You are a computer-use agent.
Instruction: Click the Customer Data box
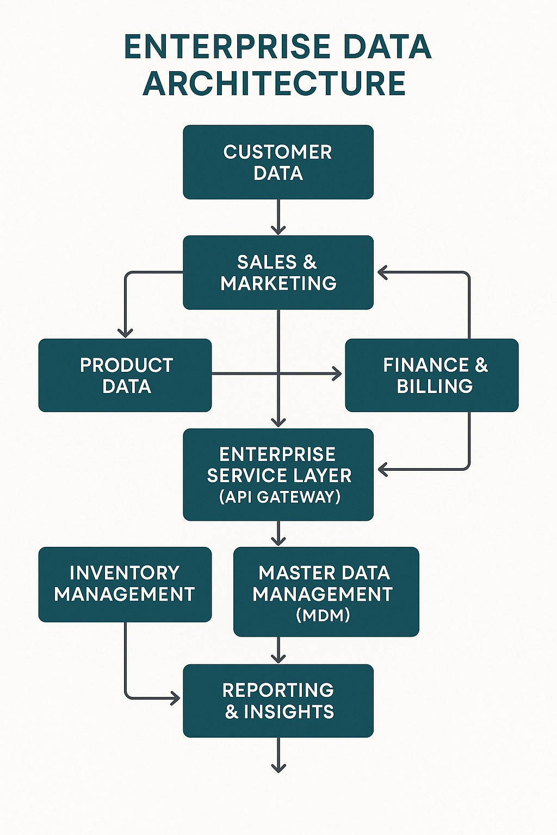tap(278, 162)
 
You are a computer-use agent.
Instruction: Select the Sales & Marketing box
tap(278, 272)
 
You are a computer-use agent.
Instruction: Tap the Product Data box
tap(125, 375)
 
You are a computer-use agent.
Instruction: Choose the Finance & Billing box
tap(432, 375)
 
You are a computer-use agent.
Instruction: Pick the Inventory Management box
tap(125, 584)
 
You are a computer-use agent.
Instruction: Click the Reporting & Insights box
tap(278, 701)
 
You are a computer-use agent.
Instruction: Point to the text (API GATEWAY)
tap(280, 497)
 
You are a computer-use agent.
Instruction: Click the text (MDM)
tap(323, 615)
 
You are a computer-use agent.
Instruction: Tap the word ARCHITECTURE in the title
tap(275, 84)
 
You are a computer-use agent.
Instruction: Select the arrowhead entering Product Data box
tap(126, 332)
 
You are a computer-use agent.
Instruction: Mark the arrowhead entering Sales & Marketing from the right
tap(382, 272)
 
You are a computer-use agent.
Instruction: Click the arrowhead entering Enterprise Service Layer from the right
tap(382, 469)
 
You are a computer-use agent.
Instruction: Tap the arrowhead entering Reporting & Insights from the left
tap(175, 698)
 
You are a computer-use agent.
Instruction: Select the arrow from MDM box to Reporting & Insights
tap(278, 650)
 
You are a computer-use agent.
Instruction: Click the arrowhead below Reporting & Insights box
tap(278, 768)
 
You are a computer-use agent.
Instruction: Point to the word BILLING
tap(435, 386)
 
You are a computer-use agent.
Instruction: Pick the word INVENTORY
tap(125, 573)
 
